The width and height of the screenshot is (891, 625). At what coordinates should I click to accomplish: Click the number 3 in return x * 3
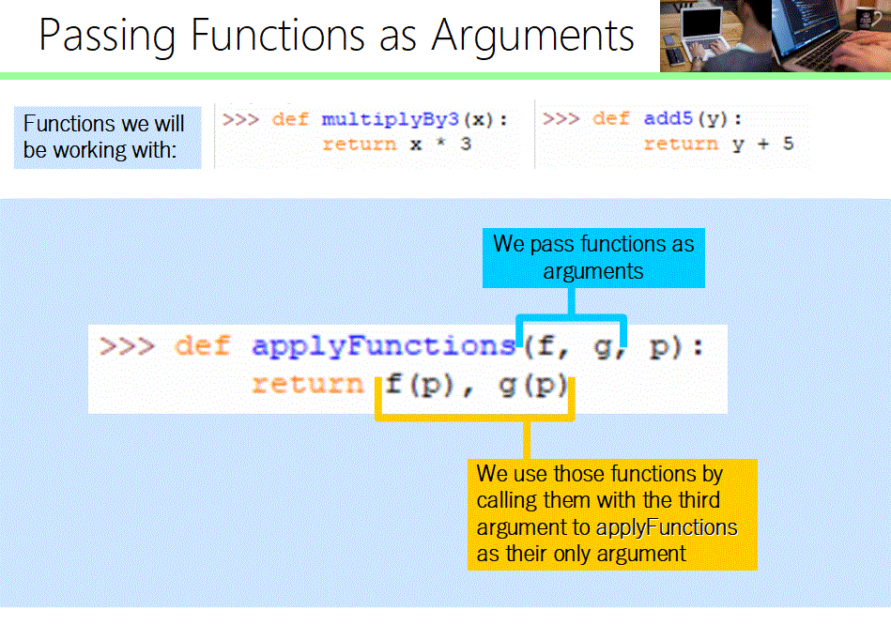click(x=466, y=144)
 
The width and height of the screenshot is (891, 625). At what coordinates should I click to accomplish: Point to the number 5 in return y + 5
click(x=788, y=144)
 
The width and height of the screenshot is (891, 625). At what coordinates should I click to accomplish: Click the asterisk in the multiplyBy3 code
click(x=439, y=145)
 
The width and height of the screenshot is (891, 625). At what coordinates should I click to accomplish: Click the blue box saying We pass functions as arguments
click(x=593, y=257)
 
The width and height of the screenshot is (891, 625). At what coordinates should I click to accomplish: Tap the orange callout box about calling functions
click(x=611, y=513)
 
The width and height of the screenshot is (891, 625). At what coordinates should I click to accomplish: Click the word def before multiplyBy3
click(x=290, y=119)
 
